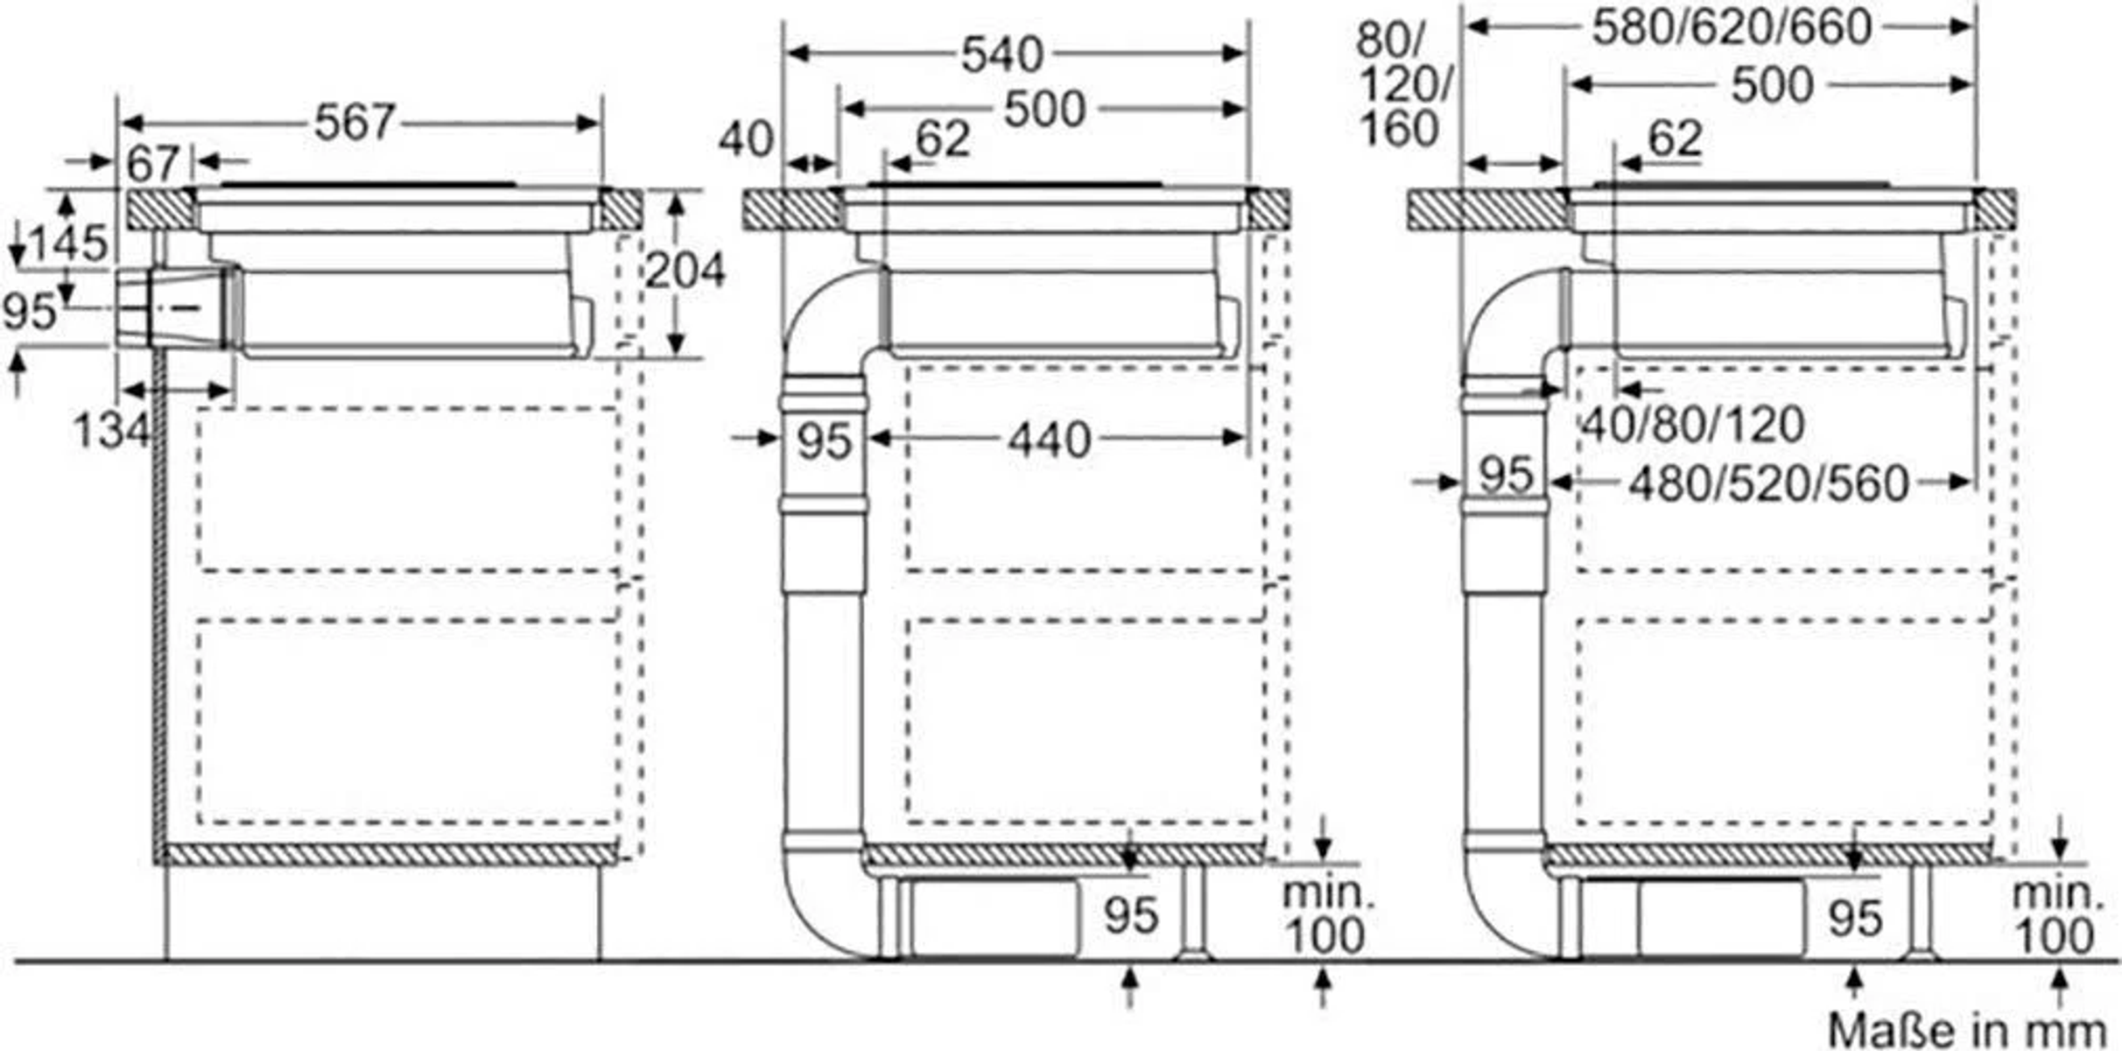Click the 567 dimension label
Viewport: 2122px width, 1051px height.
point(355,123)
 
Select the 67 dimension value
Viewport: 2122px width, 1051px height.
point(153,164)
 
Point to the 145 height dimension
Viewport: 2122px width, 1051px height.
point(69,243)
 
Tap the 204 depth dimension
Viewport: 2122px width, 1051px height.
point(685,270)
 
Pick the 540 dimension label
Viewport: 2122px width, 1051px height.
point(1002,55)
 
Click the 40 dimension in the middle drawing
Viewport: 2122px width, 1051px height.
point(746,140)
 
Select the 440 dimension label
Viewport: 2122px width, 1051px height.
point(1050,441)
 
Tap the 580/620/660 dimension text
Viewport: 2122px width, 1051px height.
point(1732,27)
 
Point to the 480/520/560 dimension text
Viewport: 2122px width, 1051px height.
point(1768,483)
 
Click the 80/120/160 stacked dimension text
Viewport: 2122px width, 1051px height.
point(1404,85)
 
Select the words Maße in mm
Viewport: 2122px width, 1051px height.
point(1966,1030)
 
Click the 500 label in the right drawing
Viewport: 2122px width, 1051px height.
point(1773,86)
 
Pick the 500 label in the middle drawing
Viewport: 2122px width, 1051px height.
point(1045,110)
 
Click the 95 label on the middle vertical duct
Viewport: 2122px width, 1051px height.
point(824,441)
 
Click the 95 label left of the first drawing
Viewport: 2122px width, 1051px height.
point(30,311)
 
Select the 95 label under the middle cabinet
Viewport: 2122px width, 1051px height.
point(1131,916)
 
